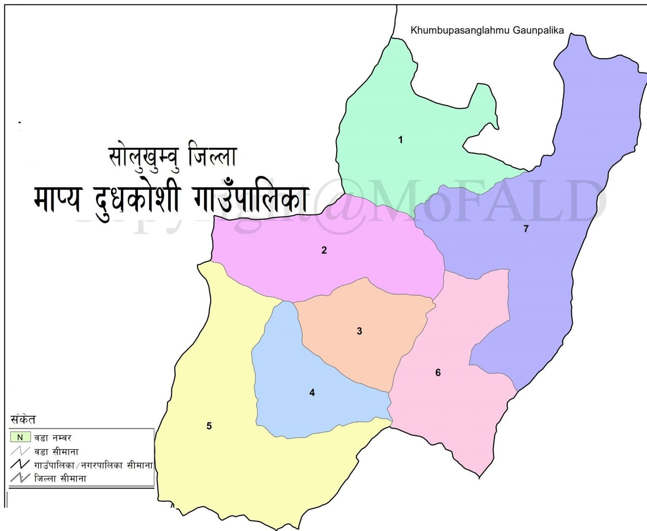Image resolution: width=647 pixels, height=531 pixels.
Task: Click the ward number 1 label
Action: (400, 140)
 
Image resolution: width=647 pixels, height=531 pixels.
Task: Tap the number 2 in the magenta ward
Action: (324, 250)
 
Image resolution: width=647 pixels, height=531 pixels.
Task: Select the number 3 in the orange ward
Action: (359, 331)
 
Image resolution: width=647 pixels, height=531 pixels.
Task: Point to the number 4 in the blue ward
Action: (312, 393)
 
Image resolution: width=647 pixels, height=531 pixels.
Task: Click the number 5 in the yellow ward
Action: (209, 426)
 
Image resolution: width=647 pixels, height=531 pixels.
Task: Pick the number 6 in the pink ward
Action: (438, 373)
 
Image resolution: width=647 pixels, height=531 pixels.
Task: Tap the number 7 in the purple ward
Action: (525, 229)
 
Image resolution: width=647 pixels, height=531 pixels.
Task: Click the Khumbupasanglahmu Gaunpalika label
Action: (487, 30)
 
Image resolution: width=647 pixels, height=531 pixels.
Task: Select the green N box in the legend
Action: (20, 438)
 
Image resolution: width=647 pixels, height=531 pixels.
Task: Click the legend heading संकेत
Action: (23, 419)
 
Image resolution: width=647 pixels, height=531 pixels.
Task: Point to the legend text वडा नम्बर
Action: (53, 438)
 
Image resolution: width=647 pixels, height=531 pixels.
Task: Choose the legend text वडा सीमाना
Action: (56, 452)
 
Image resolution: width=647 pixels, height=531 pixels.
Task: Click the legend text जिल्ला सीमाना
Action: (60, 478)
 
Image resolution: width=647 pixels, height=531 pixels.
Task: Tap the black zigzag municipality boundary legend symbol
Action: (20, 465)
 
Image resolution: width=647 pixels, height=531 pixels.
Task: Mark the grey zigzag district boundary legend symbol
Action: (20, 478)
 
